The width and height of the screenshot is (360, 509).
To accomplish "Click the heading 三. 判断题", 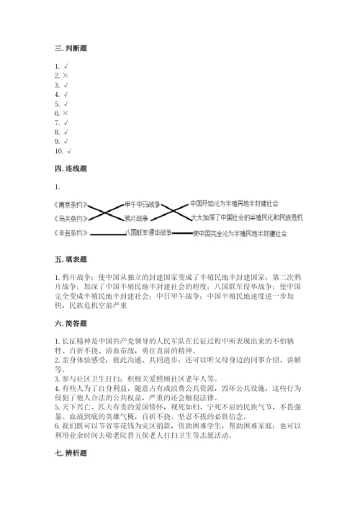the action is (x=71, y=49).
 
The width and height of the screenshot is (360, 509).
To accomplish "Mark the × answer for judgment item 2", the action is (x=66, y=76).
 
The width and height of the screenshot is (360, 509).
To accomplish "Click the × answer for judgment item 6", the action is (x=66, y=114).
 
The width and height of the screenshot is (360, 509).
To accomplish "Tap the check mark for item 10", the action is (x=69, y=151).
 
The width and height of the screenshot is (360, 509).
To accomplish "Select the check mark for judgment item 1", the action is (x=66, y=66).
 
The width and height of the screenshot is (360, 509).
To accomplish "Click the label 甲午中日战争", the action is (x=140, y=204).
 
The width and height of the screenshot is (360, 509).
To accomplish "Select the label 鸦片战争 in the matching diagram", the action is (x=137, y=218).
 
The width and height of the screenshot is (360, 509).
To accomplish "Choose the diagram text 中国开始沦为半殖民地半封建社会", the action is (x=234, y=204).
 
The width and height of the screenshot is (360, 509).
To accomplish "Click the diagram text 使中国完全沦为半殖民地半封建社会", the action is (x=240, y=233).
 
